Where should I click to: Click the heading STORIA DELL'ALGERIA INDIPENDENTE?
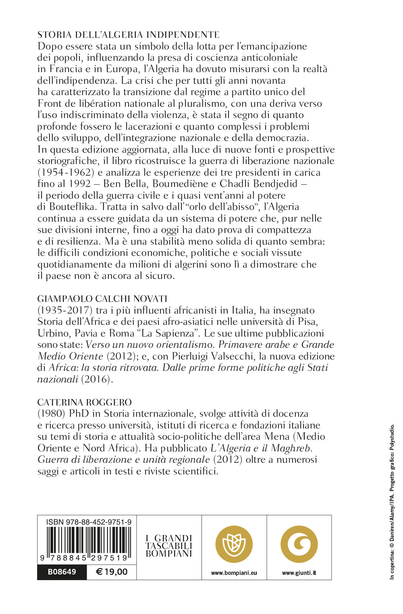(128, 35)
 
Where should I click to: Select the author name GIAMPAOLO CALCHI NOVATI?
(102, 299)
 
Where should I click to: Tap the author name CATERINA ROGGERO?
(85, 402)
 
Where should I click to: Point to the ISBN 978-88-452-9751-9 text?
(89, 522)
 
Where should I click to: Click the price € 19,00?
(112, 572)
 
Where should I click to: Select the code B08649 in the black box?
(62, 572)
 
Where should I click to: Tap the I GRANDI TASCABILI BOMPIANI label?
(169, 546)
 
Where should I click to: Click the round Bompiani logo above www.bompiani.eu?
(234, 544)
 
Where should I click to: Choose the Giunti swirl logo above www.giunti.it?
(299, 544)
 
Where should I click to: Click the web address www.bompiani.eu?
(234, 573)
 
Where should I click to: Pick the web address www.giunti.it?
(299, 573)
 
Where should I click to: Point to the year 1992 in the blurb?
(82, 184)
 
